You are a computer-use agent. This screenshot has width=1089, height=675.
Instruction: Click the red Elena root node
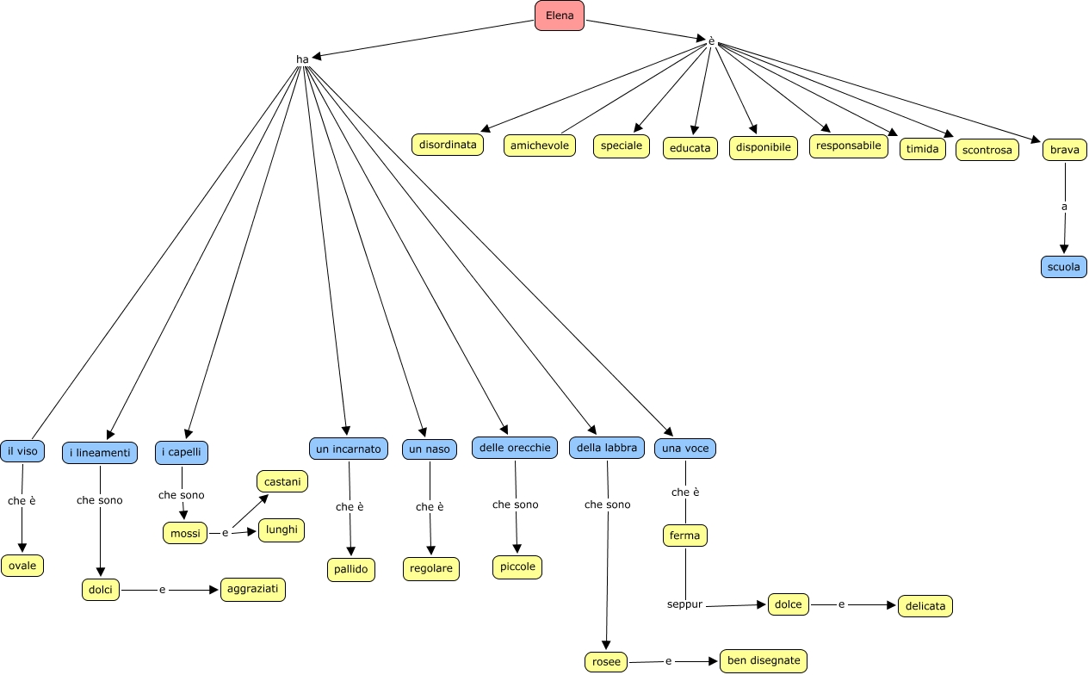(560, 15)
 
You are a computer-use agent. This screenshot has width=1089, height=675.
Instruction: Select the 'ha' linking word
(302, 59)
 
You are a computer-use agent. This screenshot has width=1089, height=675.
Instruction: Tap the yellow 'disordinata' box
(448, 145)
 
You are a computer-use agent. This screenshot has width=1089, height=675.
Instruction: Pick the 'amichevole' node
(540, 146)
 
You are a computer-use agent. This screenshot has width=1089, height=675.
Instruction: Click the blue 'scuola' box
(1064, 267)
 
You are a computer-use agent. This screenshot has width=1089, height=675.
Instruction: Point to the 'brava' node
(1065, 150)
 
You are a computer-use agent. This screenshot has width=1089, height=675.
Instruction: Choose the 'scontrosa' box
(987, 150)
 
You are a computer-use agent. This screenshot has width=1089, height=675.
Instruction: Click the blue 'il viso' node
(22, 450)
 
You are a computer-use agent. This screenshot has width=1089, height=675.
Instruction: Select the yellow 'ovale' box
(22, 566)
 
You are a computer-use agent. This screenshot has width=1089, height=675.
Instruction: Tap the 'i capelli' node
(182, 452)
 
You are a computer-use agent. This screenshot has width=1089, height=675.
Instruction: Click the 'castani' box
(282, 482)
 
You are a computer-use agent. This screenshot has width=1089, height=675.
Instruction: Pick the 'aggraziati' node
(252, 590)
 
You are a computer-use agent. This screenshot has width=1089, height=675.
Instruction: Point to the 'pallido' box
(351, 569)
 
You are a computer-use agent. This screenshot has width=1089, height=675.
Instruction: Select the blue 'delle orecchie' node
(515, 448)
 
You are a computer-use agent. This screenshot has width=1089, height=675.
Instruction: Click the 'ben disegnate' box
(764, 661)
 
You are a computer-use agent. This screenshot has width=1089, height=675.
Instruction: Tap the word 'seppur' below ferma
(685, 604)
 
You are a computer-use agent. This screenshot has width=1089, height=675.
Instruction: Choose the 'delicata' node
(925, 606)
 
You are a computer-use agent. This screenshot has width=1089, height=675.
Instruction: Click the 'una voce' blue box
(685, 448)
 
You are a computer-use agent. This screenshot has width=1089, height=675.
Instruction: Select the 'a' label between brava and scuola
(1064, 207)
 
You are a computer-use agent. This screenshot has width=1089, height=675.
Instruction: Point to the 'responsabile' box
(849, 146)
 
